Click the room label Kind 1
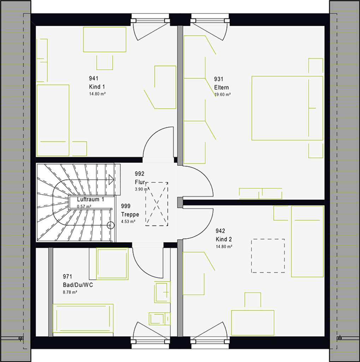point(97,87)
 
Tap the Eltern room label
point(222,87)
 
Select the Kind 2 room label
point(224,239)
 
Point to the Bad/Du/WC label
point(78,285)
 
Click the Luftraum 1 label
point(90,199)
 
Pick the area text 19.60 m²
point(223,95)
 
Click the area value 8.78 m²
point(70,292)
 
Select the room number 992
point(140,174)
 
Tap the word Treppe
point(130,214)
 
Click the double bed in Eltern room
point(287,108)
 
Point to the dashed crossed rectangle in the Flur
point(157,204)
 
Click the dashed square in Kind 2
point(268,256)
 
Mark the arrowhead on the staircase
point(111,179)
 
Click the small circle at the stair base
point(111,225)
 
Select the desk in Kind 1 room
point(105,39)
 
